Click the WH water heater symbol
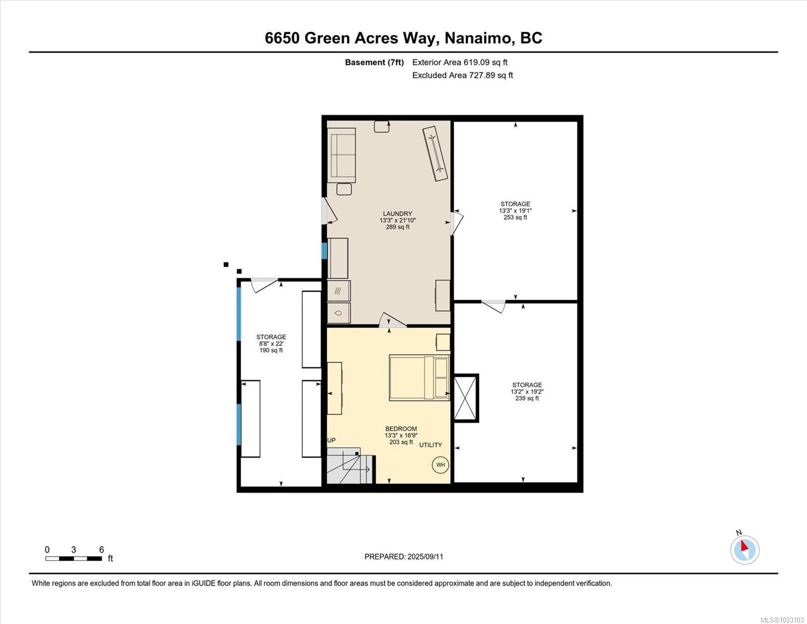click(440, 465)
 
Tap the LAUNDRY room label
click(398, 214)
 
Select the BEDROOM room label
click(401, 429)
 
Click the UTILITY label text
click(431, 445)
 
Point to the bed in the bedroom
click(419, 378)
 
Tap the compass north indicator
click(745, 549)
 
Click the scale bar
click(73, 558)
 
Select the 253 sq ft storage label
click(515, 211)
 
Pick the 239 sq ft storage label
click(526, 392)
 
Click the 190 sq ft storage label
click(271, 344)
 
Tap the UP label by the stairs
click(331, 440)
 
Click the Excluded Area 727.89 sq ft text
click(462, 75)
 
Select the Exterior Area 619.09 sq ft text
click(460, 62)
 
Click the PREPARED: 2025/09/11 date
click(404, 556)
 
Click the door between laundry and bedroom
click(392, 321)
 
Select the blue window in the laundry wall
click(324, 251)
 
